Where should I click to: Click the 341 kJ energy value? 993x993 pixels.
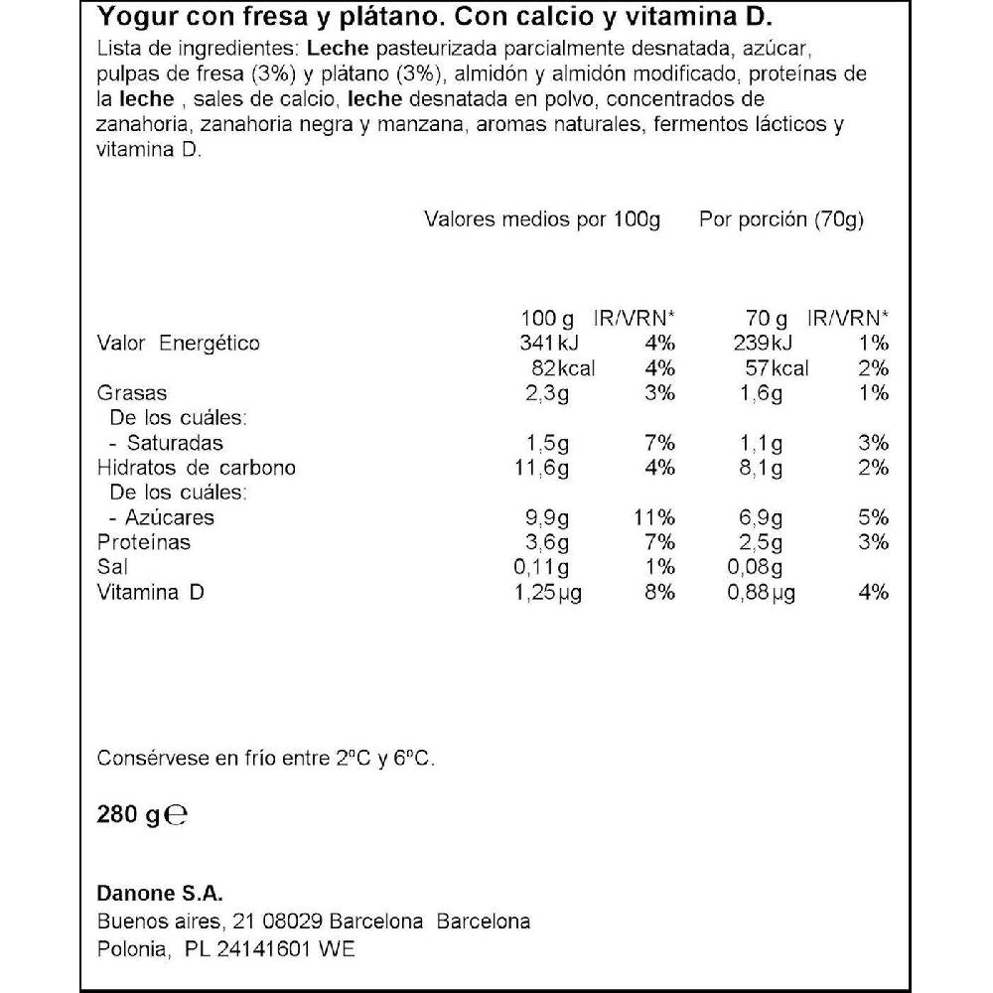(x=547, y=344)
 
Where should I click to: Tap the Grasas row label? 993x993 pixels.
(x=132, y=393)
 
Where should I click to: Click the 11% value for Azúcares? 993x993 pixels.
(x=653, y=517)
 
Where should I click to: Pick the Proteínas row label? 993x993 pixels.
(x=143, y=542)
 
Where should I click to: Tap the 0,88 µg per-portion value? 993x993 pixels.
(x=763, y=593)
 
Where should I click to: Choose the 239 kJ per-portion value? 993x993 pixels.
(x=763, y=344)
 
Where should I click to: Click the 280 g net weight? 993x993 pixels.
(x=128, y=815)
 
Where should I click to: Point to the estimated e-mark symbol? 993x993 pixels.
(x=176, y=816)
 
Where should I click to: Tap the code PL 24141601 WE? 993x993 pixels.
(x=270, y=949)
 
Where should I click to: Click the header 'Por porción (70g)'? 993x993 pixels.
(x=781, y=219)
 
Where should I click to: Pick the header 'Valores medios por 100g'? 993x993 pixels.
(x=542, y=219)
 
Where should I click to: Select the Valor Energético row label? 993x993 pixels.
(x=179, y=344)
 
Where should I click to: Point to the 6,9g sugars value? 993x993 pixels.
(x=763, y=517)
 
